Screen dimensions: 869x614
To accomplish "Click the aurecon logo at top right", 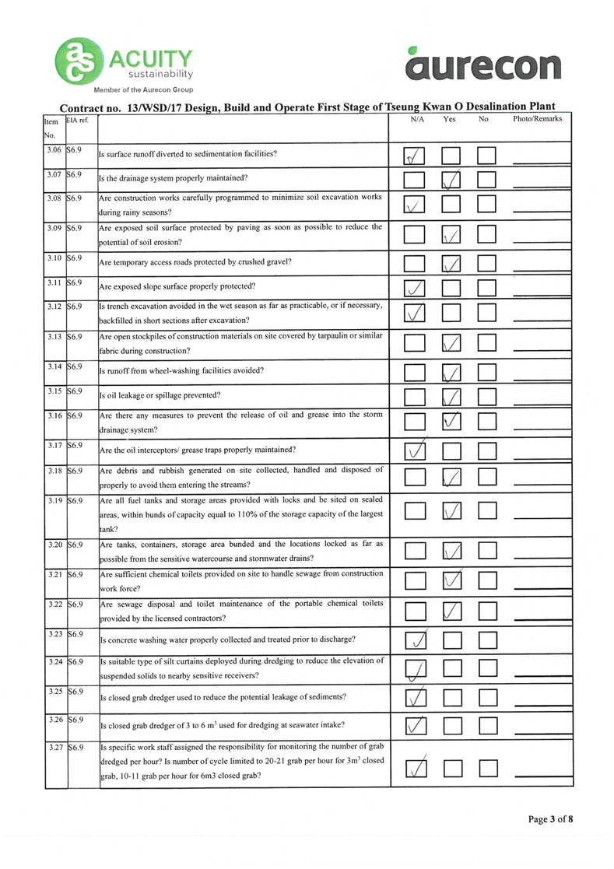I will pos(482,63).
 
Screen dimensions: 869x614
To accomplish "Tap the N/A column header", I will pos(416,120).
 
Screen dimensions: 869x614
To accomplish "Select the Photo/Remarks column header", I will pos(537,120).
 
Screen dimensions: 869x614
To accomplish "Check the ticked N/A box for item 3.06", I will pos(415,156).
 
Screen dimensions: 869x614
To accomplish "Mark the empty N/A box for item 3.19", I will pos(415,510).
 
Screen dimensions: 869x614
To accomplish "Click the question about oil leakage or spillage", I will pos(160,395).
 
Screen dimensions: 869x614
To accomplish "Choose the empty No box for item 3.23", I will pos(487,640).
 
